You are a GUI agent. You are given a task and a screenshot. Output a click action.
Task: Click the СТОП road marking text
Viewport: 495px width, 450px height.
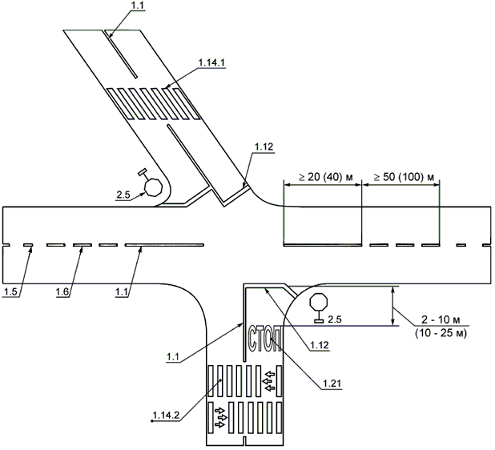click(x=264, y=340)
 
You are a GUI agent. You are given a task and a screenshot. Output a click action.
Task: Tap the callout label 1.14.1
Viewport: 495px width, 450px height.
click(x=211, y=62)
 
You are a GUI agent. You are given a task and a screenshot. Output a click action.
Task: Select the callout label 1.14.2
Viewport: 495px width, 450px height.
click(x=166, y=415)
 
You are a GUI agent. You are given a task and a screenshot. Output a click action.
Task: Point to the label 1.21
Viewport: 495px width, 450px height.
click(x=332, y=384)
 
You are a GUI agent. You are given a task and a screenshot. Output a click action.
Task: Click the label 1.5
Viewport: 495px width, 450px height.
click(x=10, y=292)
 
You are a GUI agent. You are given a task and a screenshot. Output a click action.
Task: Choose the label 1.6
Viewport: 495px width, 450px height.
click(x=62, y=292)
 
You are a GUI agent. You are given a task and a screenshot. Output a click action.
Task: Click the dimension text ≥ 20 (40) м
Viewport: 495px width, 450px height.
click(x=325, y=177)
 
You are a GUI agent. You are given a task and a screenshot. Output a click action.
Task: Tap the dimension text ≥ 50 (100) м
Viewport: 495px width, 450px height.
click(x=404, y=177)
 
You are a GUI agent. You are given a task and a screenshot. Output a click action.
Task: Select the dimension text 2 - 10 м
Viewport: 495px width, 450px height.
click(x=441, y=320)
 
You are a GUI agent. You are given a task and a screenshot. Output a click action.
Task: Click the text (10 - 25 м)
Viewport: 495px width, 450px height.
click(x=441, y=332)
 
